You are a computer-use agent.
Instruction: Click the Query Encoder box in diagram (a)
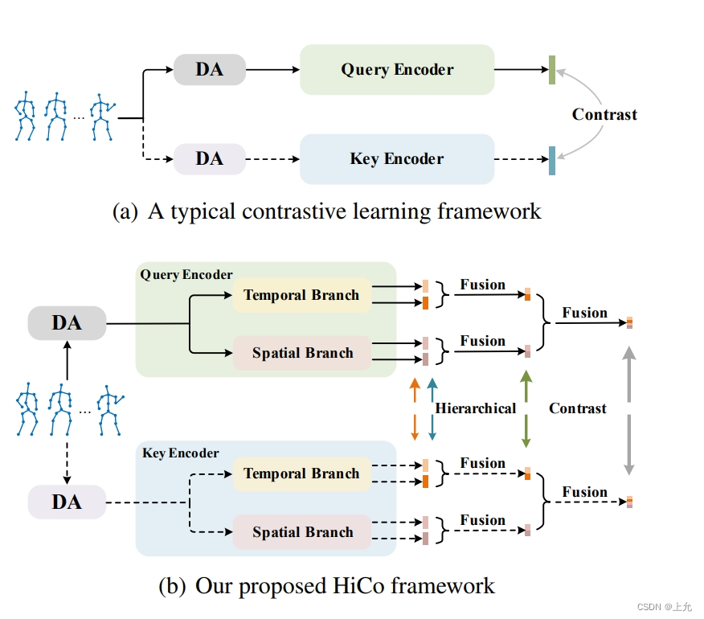(397, 69)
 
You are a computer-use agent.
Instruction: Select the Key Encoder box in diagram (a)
(397, 158)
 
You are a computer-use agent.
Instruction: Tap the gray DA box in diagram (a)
(209, 70)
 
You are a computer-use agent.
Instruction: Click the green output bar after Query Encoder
(552, 71)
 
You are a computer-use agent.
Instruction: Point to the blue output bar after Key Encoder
(552, 160)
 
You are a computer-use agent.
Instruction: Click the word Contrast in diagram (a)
(604, 114)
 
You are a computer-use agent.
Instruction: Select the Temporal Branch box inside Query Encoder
(301, 295)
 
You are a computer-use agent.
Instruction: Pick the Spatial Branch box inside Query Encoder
(302, 353)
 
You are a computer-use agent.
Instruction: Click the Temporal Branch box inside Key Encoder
(301, 473)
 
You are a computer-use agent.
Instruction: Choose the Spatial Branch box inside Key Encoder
(302, 532)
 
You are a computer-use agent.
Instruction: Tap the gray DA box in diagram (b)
(67, 323)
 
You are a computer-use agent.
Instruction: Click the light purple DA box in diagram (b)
(67, 502)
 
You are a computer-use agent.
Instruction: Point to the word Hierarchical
(476, 408)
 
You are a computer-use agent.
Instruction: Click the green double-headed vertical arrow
(526, 408)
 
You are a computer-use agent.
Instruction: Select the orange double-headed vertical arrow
(415, 408)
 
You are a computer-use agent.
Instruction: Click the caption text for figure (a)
(327, 211)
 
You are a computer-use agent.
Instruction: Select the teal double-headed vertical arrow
(432, 408)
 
